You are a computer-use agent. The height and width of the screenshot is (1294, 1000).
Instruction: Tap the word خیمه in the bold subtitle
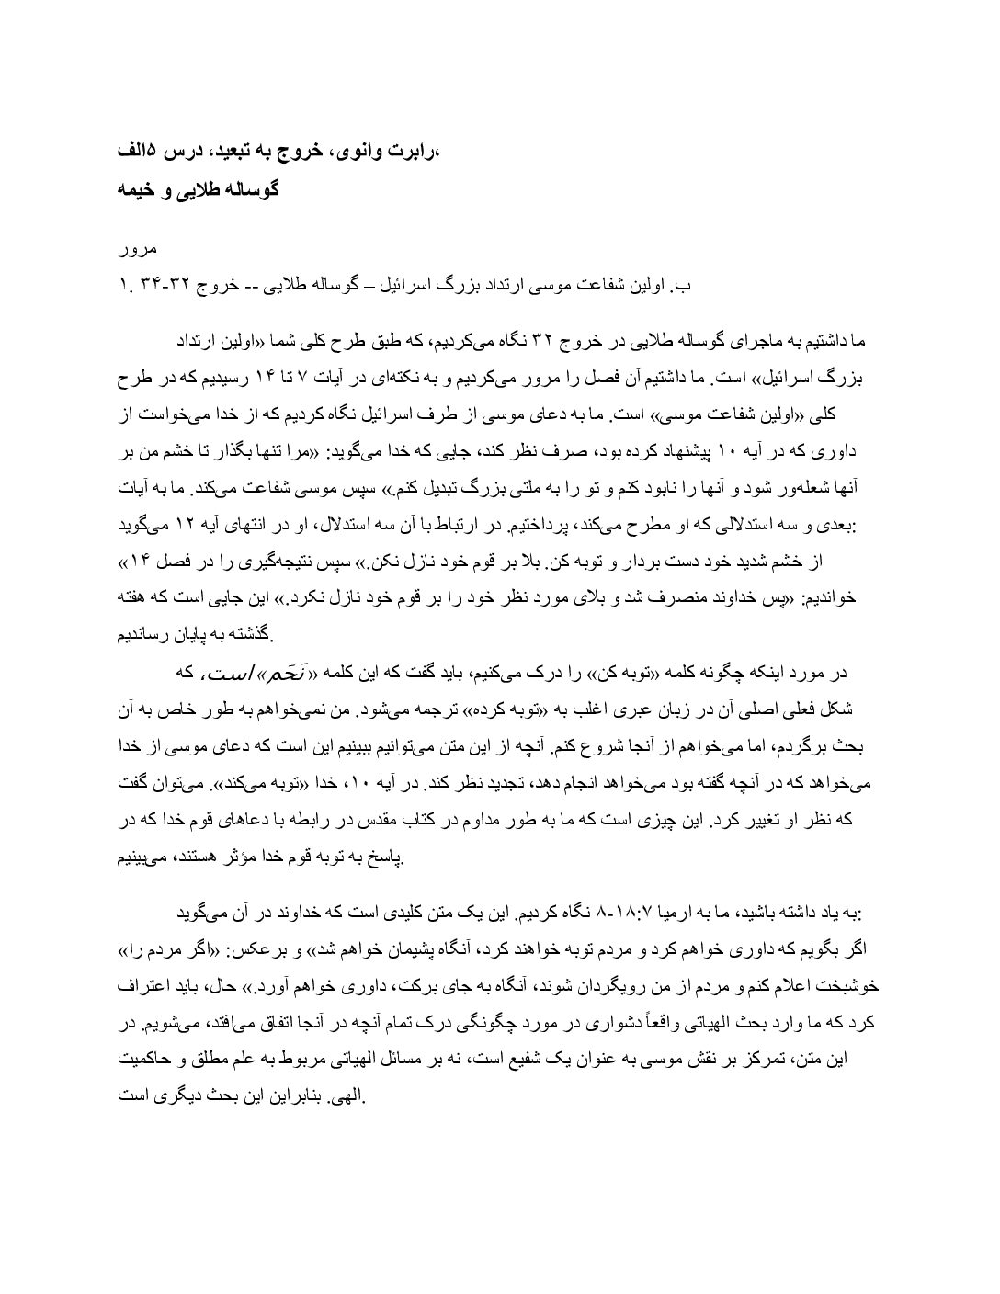click(x=137, y=191)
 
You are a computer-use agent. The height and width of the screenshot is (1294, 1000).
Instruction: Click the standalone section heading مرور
click(x=141, y=250)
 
